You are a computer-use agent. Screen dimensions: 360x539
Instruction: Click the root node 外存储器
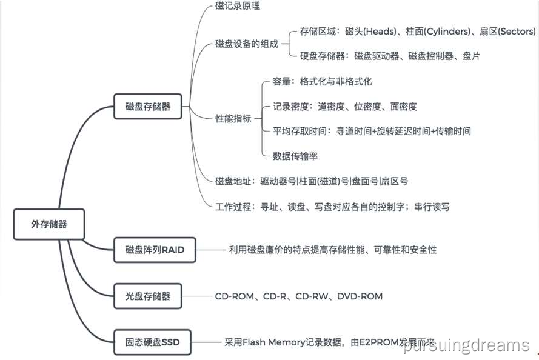[49, 224]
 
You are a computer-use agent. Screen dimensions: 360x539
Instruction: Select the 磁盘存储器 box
[148, 107]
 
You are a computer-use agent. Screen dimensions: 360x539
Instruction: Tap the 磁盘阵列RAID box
[155, 249]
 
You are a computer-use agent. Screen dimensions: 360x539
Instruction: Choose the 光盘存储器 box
[148, 296]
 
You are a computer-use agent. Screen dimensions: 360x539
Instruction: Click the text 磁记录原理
[238, 7]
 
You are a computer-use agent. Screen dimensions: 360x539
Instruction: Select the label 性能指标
[233, 118]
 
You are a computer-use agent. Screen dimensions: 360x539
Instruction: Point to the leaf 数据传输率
[296, 156]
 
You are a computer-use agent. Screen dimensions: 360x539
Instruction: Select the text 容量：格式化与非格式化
[322, 81]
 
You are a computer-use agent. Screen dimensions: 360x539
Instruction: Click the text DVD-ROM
[360, 296]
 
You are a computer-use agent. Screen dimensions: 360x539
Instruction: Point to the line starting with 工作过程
[332, 207]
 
